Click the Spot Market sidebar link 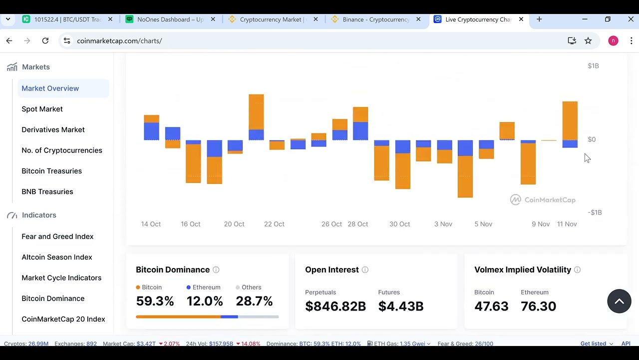[x=42, y=109]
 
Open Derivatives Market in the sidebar [x=53, y=129]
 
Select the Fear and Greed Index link [x=57, y=236]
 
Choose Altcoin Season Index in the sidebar [x=57, y=257]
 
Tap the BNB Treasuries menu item [x=47, y=191]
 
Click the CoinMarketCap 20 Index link [x=63, y=319]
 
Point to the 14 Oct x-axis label [x=151, y=224]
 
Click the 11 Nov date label [x=567, y=224]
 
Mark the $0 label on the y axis [x=592, y=139]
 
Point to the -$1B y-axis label [x=595, y=212]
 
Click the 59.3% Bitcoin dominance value [x=155, y=301]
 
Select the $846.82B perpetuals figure [x=335, y=306]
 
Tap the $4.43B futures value [x=401, y=306]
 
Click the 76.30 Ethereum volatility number [x=538, y=306]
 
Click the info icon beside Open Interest [x=365, y=270]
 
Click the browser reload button [x=45, y=40]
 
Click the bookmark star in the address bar [x=588, y=40]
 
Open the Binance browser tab [x=375, y=19]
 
